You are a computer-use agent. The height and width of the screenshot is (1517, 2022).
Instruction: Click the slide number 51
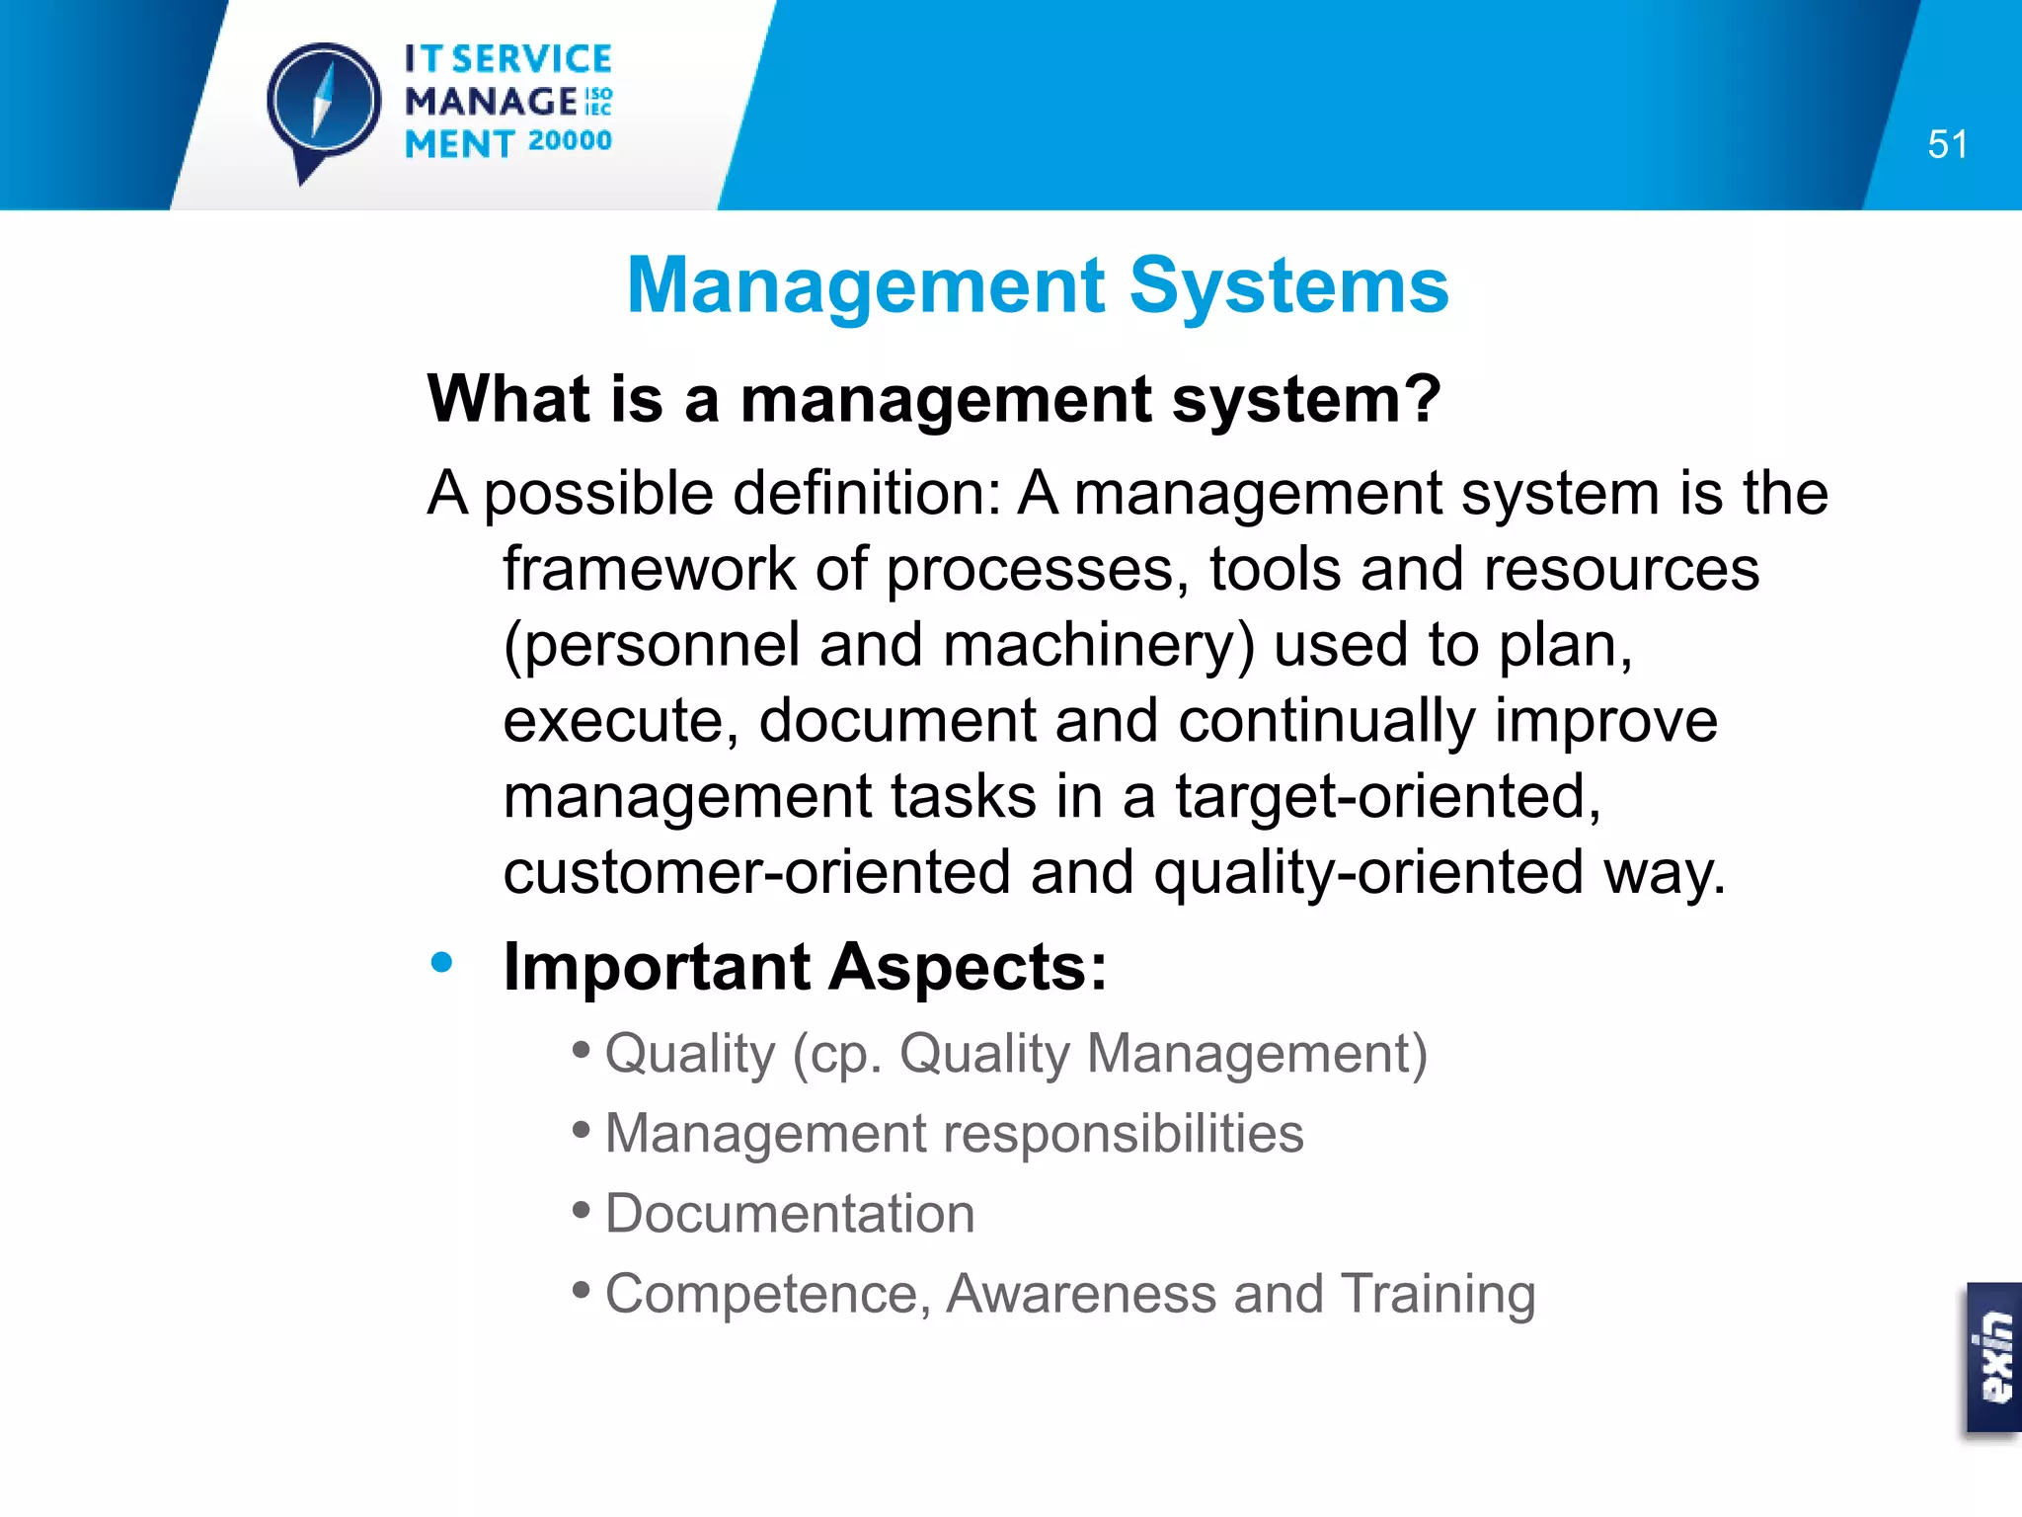[x=1947, y=144]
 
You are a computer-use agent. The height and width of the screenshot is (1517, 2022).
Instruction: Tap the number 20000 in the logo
[x=570, y=141]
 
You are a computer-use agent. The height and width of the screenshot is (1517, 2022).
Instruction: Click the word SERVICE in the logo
[x=532, y=59]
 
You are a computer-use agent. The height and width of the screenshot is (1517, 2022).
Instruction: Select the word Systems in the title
[x=1288, y=286]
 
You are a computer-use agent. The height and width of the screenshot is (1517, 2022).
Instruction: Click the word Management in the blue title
[x=866, y=286]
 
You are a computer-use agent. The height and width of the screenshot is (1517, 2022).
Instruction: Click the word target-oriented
[x=1386, y=797]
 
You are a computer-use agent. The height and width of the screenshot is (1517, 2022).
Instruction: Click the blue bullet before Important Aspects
[x=441, y=962]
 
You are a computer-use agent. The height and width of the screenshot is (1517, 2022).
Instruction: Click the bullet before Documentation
[x=582, y=1210]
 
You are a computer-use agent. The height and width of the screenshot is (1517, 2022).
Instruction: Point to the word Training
[x=1438, y=1294]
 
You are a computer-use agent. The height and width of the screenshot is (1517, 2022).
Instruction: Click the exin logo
[x=1994, y=1357]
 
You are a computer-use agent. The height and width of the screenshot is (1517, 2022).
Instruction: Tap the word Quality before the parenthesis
[x=690, y=1054]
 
